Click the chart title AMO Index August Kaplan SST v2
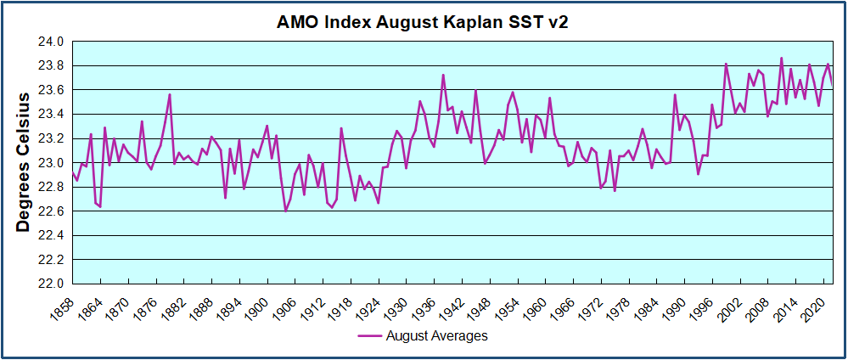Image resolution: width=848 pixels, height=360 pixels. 422,23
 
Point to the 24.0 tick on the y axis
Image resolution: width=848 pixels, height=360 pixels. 53,42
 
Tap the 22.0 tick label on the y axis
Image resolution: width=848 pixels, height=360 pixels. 53,284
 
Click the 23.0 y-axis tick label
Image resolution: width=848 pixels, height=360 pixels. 53,162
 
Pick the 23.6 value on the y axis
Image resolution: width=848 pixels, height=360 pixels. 53,90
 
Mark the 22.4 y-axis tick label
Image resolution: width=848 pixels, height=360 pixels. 53,235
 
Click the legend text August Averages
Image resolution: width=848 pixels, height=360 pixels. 436,336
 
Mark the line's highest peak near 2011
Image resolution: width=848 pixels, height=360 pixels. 782,59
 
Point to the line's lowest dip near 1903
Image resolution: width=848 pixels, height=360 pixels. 286,210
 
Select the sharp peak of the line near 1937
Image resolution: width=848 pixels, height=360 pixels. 443,75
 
